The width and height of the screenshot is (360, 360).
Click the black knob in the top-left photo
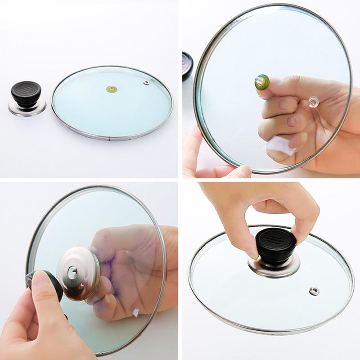coord(26,94)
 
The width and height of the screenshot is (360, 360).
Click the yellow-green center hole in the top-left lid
coord(112,89)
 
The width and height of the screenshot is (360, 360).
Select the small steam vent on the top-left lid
coord(146,82)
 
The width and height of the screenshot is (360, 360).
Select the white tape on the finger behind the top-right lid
coord(277,145)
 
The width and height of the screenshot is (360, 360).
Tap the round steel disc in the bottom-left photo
coord(79,272)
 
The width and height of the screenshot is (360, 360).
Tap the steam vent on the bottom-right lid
coord(314,290)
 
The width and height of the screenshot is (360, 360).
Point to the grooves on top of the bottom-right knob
coord(271,237)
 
